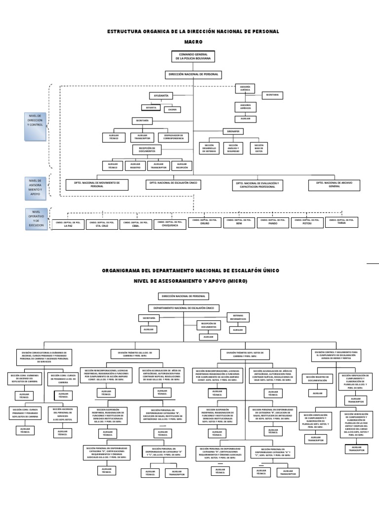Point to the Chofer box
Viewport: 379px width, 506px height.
(172, 109)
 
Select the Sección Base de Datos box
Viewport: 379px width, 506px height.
(259, 148)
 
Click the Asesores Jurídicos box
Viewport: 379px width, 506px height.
(245, 106)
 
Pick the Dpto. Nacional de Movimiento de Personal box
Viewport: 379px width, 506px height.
(97, 184)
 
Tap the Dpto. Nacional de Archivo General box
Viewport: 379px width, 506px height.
(334, 185)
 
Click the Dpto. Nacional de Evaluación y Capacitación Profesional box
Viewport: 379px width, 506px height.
(259, 185)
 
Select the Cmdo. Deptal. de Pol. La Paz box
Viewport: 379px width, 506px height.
(68, 224)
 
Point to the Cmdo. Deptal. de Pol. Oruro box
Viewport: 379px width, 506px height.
(204, 222)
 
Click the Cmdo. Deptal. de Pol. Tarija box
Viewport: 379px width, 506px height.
(341, 222)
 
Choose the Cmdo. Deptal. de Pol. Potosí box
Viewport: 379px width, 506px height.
(307, 222)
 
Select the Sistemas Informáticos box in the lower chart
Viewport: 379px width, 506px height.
(238, 317)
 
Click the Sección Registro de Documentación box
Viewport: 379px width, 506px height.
(317, 379)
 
